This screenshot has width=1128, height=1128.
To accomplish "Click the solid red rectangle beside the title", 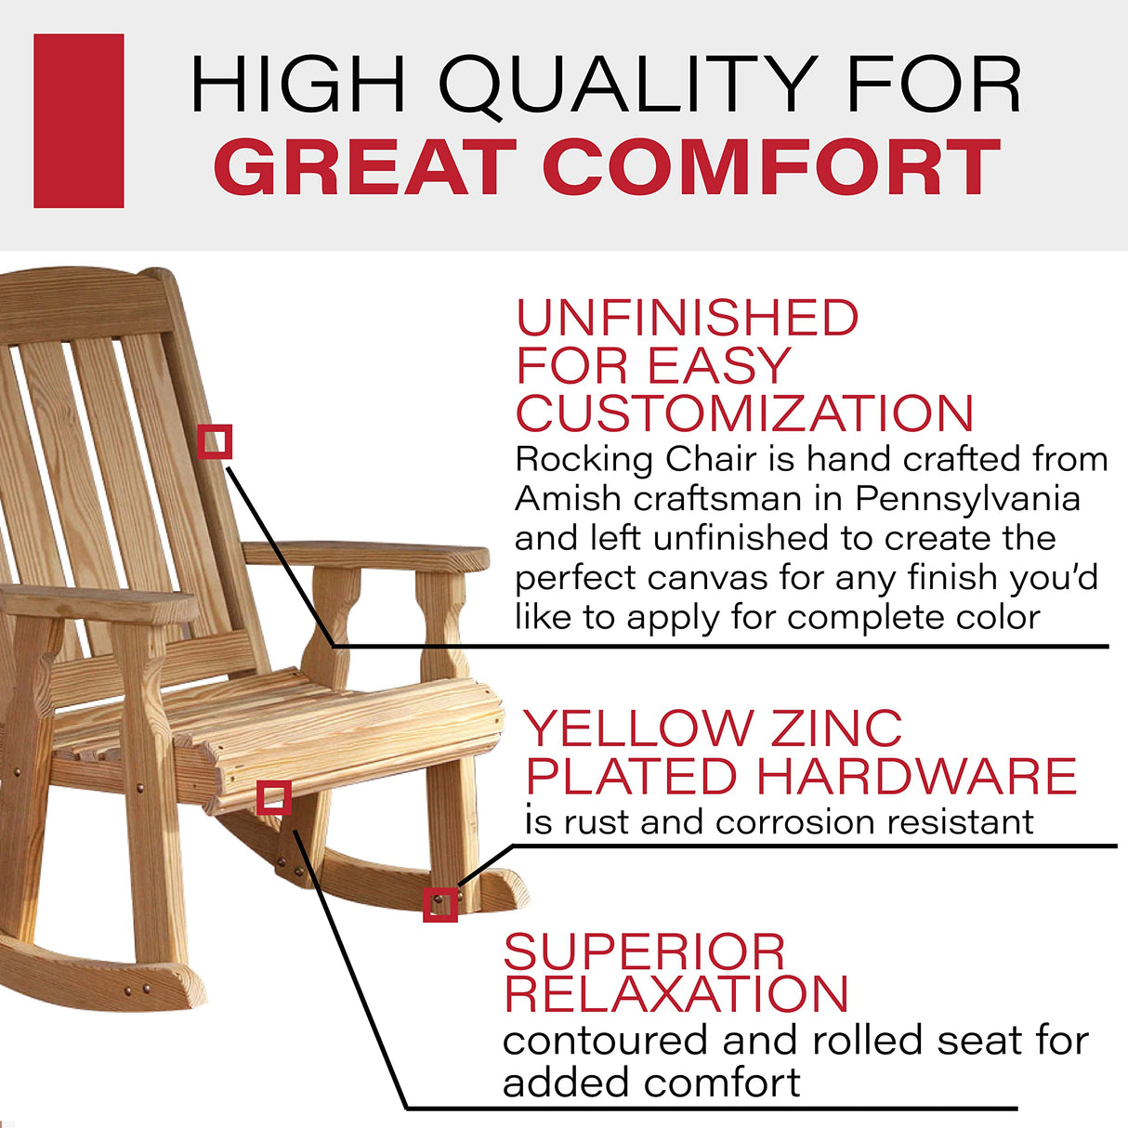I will [x=79, y=121].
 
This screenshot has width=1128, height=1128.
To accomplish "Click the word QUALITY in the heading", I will [x=628, y=85].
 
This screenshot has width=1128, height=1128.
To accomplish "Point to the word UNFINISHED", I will [x=688, y=319].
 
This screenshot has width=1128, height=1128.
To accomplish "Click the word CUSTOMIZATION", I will [x=744, y=414].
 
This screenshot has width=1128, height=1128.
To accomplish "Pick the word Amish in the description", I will [x=568, y=499].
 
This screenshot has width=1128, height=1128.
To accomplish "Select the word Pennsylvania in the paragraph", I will [x=967, y=499].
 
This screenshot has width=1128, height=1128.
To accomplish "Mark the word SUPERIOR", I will [x=644, y=953].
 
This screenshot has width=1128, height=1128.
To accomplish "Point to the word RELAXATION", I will [x=676, y=995].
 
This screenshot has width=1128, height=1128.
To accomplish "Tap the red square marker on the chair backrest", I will [x=215, y=442].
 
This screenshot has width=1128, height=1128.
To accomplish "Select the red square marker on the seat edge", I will [x=273, y=797].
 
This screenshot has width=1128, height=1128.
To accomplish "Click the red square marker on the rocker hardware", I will [x=440, y=905].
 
